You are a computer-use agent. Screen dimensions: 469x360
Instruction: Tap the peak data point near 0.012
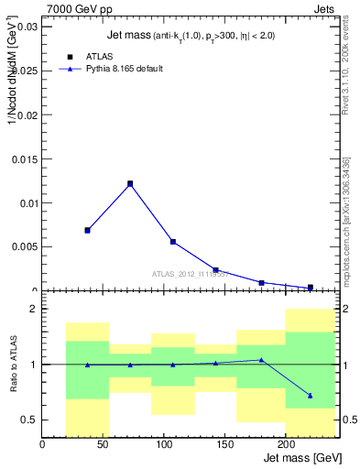coord(130,183)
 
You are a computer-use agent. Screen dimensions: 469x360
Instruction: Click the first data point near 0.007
coord(87,230)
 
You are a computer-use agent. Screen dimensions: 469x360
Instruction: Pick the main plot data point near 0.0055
coord(172,242)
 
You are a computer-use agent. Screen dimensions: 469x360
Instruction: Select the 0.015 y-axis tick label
coord(23,158)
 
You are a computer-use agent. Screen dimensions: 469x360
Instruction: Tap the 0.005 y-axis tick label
coord(23,246)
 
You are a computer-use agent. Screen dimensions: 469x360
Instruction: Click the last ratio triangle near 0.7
coord(311,396)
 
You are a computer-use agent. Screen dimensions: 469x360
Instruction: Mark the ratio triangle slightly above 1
coord(262,360)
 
